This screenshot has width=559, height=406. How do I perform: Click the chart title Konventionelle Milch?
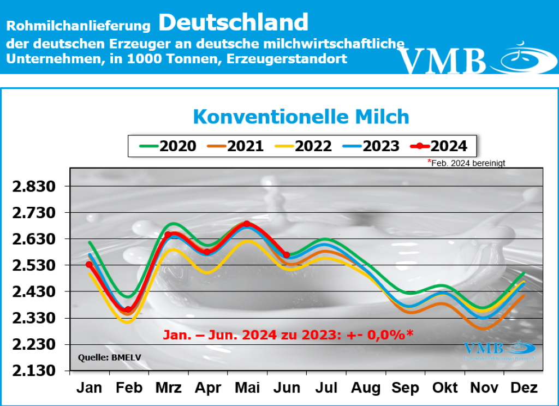coord(301,117)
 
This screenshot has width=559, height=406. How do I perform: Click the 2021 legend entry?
coord(235,146)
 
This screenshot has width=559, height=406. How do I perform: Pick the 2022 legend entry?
coord(303,146)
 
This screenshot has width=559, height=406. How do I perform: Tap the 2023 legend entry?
coord(371,146)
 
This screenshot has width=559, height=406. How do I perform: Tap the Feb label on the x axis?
coord(129,387)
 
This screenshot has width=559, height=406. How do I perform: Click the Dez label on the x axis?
coord(524,387)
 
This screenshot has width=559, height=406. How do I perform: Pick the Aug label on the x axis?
coord(366,387)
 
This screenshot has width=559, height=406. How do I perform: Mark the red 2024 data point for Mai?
coord(247,224)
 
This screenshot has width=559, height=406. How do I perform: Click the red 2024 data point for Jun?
coord(287,255)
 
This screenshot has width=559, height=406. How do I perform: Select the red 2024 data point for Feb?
coord(128,309)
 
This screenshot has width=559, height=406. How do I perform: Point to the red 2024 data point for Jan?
coord(89,265)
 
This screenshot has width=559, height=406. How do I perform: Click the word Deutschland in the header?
coord(234,22)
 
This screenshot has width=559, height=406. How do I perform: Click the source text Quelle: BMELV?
coord(103,358)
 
